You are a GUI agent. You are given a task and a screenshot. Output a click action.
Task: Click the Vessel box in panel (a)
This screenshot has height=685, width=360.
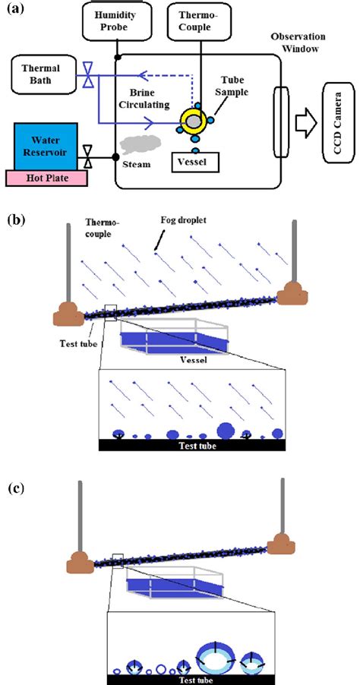click(194, 161)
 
